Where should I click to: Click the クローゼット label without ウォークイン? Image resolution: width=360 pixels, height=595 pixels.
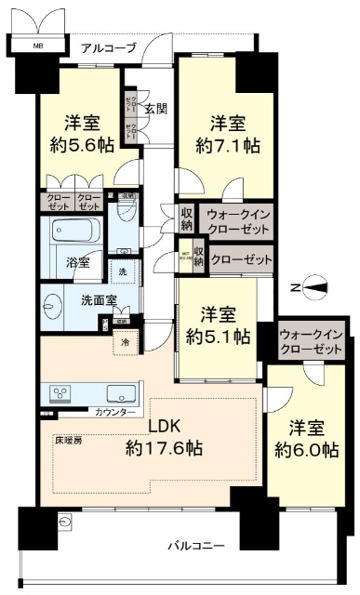coord(242,260)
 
